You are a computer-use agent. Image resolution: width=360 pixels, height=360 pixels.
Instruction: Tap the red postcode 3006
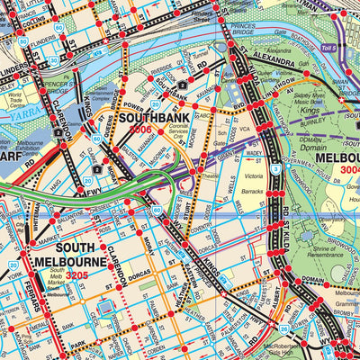[x=140, y=130]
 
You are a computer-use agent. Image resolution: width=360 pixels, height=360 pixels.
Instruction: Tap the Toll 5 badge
[x=328, y=47]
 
